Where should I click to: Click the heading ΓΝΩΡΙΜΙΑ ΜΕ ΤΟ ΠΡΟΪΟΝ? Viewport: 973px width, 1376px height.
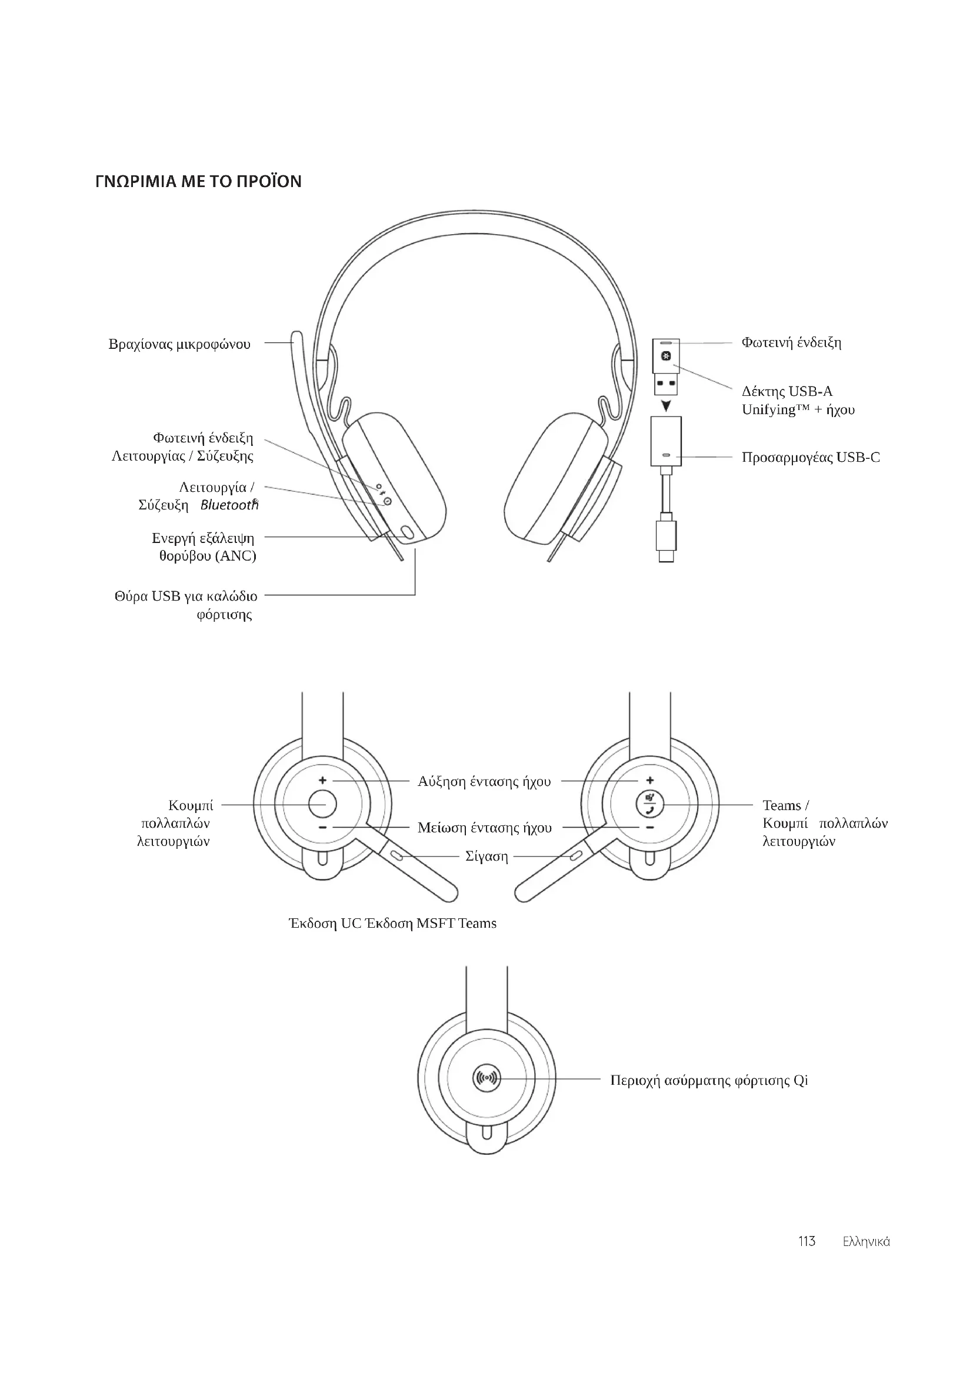coord(198,181)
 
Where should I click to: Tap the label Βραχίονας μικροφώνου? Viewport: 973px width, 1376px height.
coord(179,344)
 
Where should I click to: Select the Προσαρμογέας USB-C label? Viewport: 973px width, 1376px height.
coord(811,457)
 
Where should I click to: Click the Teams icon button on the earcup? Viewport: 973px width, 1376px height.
coord(649,804)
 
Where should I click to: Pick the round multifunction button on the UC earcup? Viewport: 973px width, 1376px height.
coord(322,804)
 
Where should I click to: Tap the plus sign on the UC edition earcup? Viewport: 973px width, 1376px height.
coord(322,780)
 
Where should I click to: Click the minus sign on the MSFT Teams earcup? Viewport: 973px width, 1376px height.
coord(650,828)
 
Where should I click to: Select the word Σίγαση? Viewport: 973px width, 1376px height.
coord(487,857)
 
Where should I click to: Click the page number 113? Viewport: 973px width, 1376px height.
coord(807,1241)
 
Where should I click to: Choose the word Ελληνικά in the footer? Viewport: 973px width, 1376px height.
coord(866,1242)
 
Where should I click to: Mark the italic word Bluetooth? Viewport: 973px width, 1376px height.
coord(228,505)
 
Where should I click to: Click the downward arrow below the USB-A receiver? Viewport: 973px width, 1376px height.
coord(666,407)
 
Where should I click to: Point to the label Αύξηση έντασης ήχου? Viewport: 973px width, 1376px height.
coord(484,781)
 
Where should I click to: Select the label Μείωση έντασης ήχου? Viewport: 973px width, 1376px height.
coord(484,828)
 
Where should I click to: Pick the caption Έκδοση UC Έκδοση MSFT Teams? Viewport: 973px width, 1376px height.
coord(392,923)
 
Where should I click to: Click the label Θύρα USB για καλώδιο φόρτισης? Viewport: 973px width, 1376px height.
coord(186,605)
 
